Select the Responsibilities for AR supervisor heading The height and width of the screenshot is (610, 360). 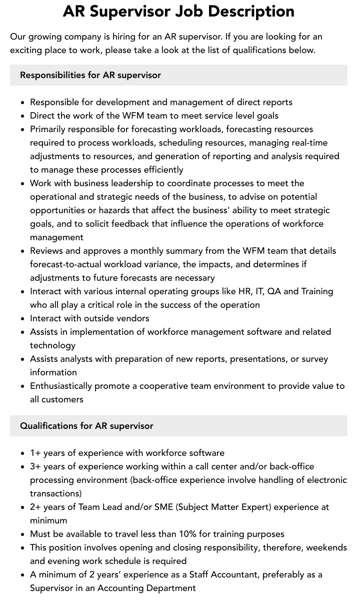[x=90, y=75]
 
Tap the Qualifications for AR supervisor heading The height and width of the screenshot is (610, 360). [x=86, y=426]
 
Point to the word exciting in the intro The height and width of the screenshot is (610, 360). [x=26, y=50]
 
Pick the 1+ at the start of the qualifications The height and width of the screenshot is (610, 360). [x=35, y=453]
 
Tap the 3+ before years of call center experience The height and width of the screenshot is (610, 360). [x=35, y=466]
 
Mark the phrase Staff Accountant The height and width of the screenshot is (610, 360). [x=234, y=574]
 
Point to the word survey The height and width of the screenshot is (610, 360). [x=314, y=359]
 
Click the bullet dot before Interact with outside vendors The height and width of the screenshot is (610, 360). [x=23, y=319]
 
